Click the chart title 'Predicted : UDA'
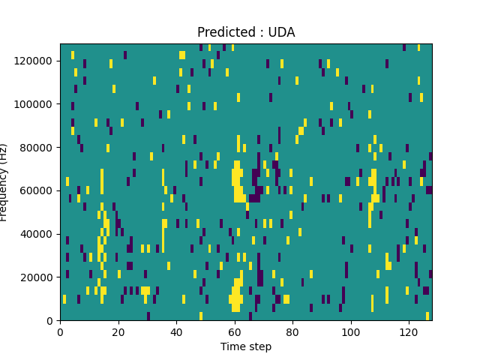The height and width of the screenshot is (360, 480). [246, 32]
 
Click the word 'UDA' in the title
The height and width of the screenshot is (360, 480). [282, 32]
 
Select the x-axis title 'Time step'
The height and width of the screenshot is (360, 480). [246, 346]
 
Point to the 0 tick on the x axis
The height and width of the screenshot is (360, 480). [60, 331]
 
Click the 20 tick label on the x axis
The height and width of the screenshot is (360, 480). [118, 331]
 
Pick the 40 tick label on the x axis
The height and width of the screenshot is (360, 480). [176, 331]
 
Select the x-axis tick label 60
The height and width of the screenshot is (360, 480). [235, 331]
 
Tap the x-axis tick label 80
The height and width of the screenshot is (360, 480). [292, 331]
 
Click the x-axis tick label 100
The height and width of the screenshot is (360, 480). [351, 331]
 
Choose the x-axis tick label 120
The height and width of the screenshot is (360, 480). [409, 331]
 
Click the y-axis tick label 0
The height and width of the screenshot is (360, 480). [51, 321]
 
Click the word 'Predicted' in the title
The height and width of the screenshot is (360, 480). [223, 32]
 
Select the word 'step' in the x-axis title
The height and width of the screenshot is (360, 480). [259, 346]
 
